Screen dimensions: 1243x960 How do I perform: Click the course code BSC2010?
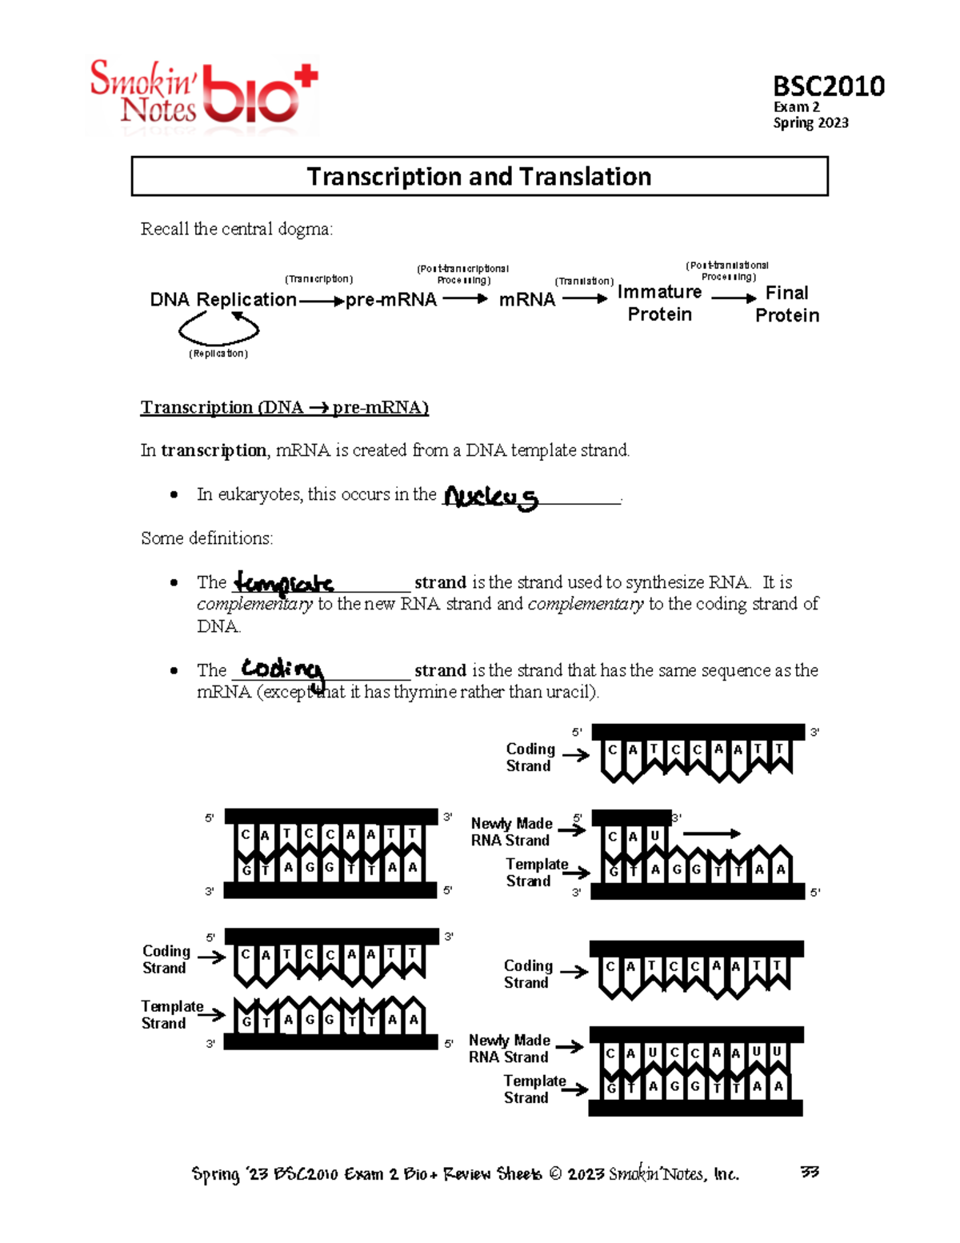[828, 86]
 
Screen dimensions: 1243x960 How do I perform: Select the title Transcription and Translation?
[478, 176]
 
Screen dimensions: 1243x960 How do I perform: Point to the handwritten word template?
[283, 582]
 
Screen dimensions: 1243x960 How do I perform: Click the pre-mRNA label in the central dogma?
[391, 300]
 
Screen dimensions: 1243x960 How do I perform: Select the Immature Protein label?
[659, 303]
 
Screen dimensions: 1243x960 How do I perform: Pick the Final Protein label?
[787, 304]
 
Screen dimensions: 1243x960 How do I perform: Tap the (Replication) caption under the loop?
[218, 354]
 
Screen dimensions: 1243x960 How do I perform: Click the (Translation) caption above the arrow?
[584, 281]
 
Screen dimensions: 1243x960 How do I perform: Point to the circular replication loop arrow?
[218, 327]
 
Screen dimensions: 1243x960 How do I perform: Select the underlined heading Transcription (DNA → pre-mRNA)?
[285, 407]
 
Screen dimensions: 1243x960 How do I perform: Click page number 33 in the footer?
[810, 1173]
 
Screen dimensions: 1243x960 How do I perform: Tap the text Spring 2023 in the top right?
[810, 122]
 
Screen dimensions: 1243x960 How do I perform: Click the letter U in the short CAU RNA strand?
[654, 836]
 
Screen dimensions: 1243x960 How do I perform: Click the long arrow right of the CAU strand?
[711, 833]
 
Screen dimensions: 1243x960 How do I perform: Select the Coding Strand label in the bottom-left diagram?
[166, 959]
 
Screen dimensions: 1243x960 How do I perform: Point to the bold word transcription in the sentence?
[214, 450]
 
